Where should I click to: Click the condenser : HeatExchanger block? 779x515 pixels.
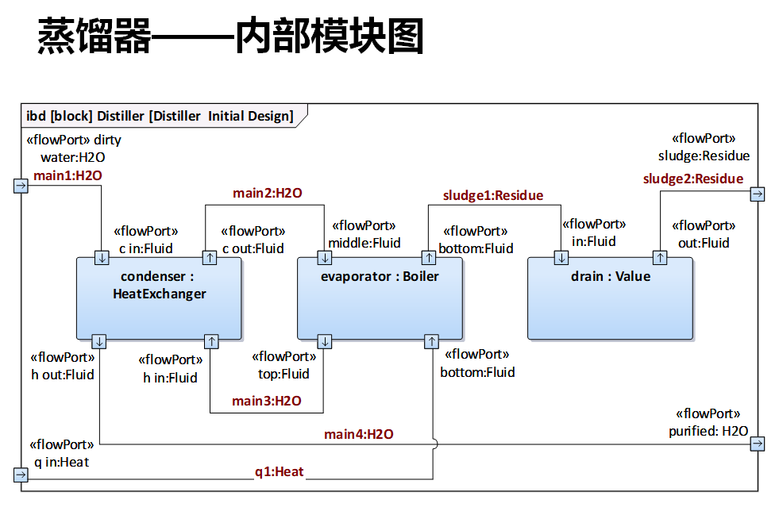158,298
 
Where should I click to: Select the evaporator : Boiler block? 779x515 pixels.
380,298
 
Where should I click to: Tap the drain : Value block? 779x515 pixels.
610,298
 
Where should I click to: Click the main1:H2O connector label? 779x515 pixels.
67,175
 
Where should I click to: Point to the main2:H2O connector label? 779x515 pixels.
268,193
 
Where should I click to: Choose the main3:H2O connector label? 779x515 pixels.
267,401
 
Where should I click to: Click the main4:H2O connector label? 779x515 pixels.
359,434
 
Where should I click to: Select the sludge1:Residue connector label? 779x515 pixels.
493,195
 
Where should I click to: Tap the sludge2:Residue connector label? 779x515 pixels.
693,179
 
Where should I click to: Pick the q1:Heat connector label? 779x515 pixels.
279,471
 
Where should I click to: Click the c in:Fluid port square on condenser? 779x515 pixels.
102,258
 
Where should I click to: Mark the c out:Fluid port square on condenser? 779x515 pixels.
209,258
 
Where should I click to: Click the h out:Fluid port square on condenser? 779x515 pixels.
99,341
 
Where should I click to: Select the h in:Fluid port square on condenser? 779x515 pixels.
211,341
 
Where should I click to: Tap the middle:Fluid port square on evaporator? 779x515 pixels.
325,258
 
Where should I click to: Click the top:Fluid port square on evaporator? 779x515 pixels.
325,341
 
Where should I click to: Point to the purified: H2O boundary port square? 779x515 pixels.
758,444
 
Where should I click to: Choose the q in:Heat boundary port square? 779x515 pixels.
21,475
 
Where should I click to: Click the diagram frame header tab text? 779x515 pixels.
160,116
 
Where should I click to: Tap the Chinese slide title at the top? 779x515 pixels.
231,37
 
